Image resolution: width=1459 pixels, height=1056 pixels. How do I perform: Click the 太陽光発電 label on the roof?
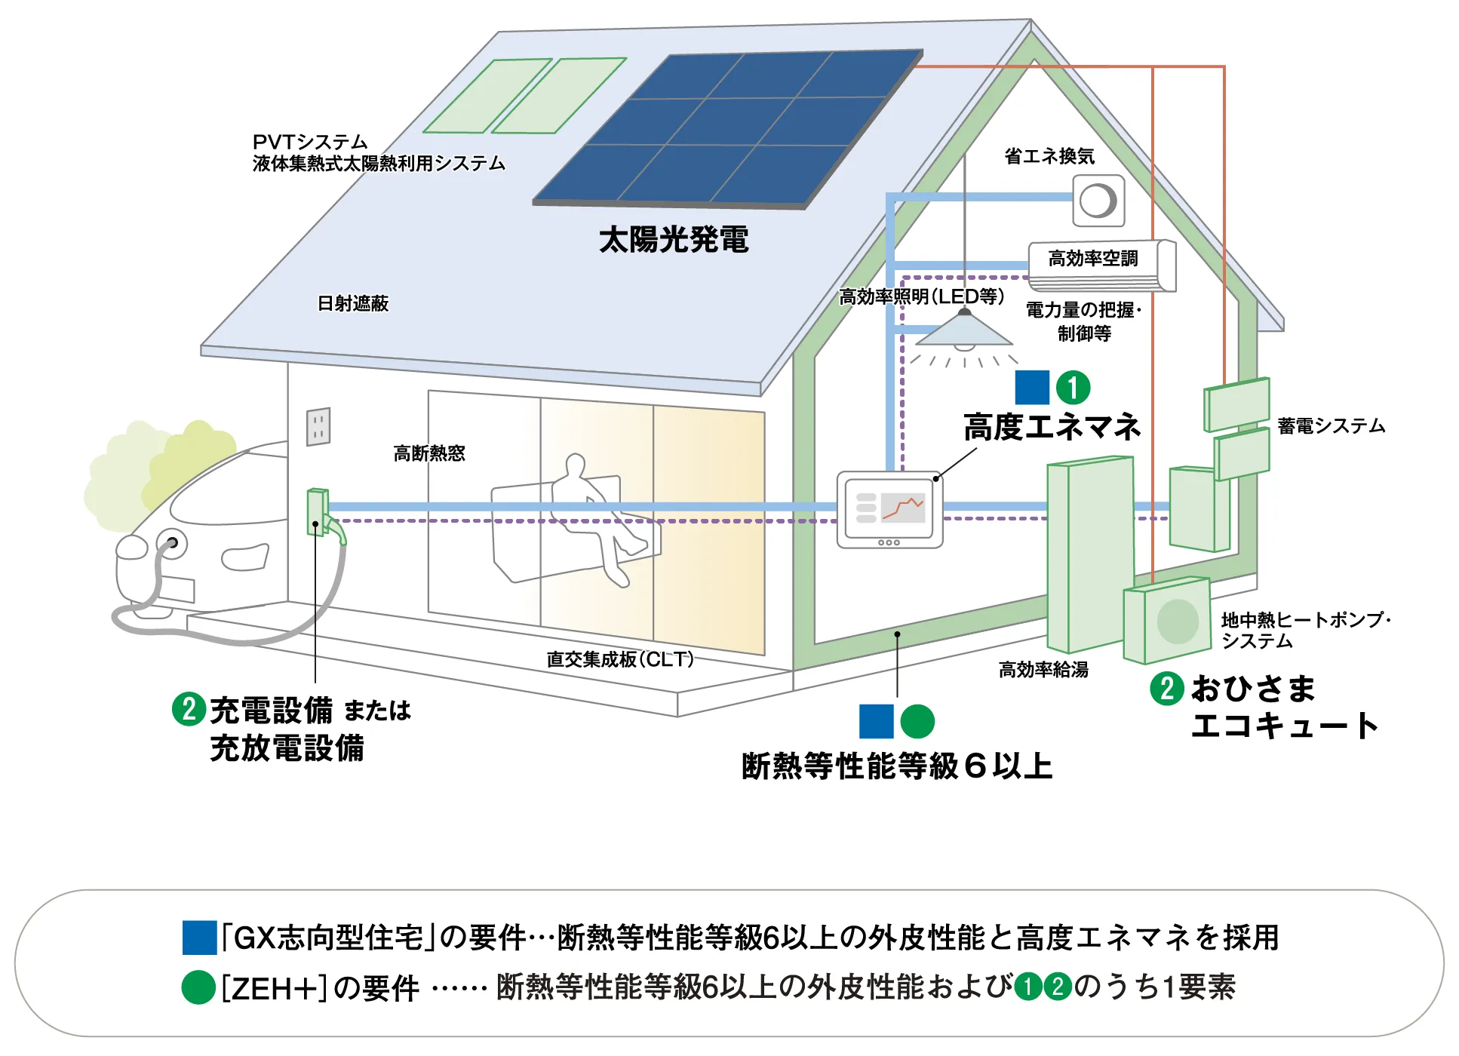(674, 240)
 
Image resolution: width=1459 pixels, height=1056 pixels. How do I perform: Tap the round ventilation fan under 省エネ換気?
(1098, 201)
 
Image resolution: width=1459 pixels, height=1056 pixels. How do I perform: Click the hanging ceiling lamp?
(963, 332)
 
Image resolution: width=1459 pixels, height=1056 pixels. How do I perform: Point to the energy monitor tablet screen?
(890, 509)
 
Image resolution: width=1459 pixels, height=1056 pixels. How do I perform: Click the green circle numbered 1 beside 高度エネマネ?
(1073, 388)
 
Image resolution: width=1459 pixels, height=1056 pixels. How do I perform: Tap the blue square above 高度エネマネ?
(1032, 388)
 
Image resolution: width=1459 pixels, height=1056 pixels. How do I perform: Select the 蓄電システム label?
(1332, 426)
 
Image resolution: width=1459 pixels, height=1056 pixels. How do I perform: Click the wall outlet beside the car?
(318, 427)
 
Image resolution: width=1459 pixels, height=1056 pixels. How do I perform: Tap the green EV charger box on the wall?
(318, 513)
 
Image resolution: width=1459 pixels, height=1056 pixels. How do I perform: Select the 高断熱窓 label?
(429, 453)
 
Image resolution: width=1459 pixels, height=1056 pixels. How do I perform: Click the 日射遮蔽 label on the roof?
(352, 303)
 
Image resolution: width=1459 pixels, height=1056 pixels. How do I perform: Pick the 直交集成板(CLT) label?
(619, 659)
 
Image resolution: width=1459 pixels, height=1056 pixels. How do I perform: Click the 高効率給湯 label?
(1043, 670)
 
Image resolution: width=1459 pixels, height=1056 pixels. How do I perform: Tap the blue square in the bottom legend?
(199, 938)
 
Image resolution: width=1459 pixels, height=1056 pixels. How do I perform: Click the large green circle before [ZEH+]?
(198, 987)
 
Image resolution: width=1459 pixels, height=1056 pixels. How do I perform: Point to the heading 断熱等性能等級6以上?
(897, 766)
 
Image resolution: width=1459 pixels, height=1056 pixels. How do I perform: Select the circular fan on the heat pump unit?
(1177, 621)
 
